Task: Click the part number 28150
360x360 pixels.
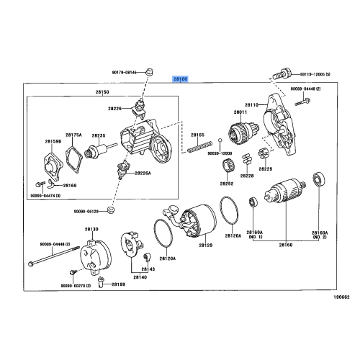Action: [x=104, y=93]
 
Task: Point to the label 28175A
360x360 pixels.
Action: [x=73, y=135]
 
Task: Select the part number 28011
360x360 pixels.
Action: [x=240, y=112]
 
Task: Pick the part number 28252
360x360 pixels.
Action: [x=228, y=182]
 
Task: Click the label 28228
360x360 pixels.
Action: [x=247, y=176]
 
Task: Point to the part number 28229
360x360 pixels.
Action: [x=266, y=168]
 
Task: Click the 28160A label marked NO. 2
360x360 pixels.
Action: [x=319, y=235]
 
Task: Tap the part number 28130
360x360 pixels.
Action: [x=91, y=229]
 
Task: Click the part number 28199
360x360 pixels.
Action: [x=118, y=284]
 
